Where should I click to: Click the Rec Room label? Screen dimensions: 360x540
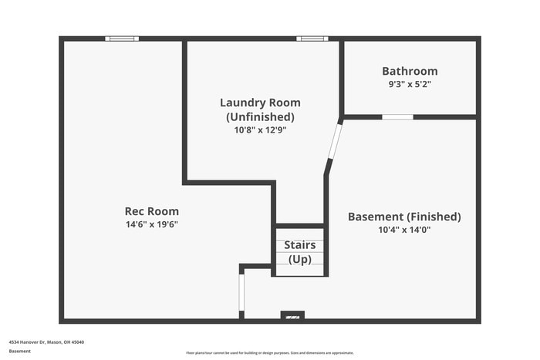tap(151, 211)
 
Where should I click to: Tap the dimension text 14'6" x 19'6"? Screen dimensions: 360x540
tap(151, 224)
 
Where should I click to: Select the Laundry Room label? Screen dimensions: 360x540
tap(260, 103)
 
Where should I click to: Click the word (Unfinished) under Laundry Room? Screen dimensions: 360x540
tap(260, 116)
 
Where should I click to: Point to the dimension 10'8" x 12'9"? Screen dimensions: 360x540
tap(260, 130)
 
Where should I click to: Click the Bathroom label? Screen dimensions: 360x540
tap(410, 71)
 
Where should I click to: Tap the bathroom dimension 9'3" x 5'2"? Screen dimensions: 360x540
tap(410, 84)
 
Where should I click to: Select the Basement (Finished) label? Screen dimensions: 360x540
tap(404, 217)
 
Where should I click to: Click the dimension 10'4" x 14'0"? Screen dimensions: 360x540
tap(404, 230)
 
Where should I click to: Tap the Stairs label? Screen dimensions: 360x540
tap(299, 245)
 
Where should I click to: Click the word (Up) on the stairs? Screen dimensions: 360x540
tap(299, 259)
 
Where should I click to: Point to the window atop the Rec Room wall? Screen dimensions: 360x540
tap(122, 39)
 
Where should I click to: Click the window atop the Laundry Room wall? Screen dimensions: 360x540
tap(312, 39)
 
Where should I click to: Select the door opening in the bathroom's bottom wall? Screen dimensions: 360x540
tap(397, 117)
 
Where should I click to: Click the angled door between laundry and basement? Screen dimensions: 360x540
tap(334, 141)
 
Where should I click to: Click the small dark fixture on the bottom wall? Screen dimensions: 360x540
tap(292, 315)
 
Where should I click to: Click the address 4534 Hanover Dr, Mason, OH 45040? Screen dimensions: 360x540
tap(46, 341)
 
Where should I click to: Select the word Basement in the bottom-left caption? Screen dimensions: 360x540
tap(21, 352)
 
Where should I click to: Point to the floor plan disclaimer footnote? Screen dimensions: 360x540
tap(269, 352)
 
